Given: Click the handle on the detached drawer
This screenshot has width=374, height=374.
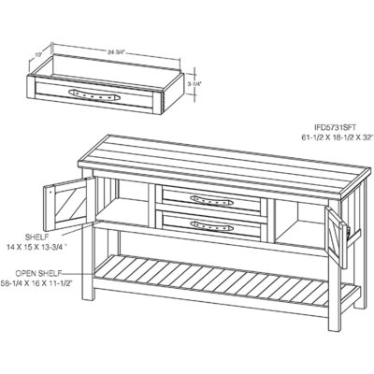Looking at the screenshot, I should [x=93, y=93].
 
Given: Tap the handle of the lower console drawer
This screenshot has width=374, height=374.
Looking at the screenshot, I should [x=209, y=224].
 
